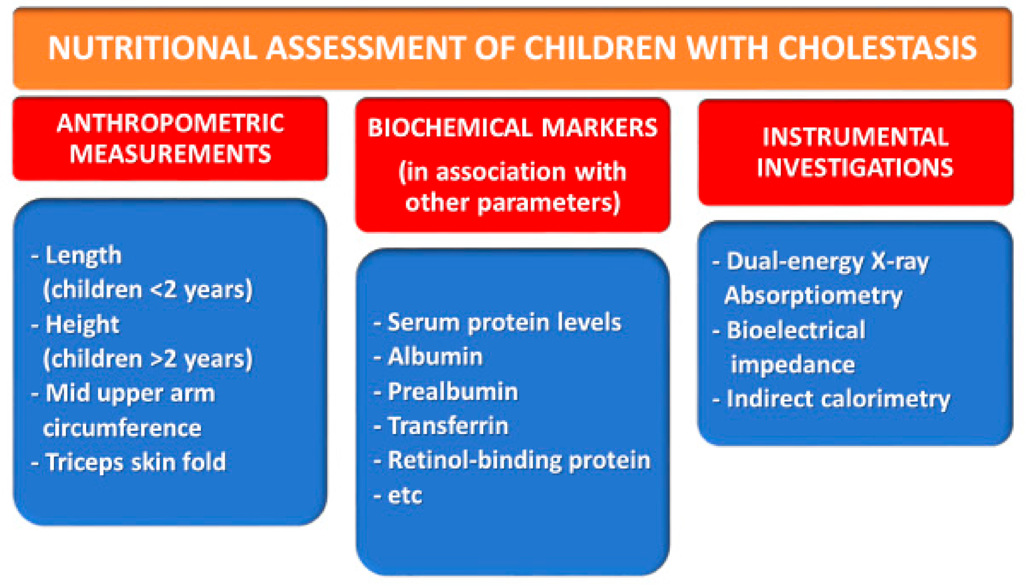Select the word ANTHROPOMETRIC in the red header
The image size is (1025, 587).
170,124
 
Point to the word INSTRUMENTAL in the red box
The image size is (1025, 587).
855,137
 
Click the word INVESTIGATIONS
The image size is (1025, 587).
855,168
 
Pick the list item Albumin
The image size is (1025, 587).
435,357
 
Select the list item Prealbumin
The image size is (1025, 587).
453,392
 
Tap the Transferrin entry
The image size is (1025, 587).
448,426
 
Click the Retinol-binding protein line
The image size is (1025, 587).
518,460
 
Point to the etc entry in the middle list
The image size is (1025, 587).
405,496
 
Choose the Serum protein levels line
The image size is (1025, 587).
504,323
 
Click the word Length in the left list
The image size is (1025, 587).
83,256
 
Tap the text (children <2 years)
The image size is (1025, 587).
148,290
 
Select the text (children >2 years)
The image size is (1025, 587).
148,359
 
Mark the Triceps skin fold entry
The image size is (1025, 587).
135,463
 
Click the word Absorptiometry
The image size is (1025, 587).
813,296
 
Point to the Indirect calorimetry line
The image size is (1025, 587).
837,399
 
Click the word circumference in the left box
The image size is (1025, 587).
122,428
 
